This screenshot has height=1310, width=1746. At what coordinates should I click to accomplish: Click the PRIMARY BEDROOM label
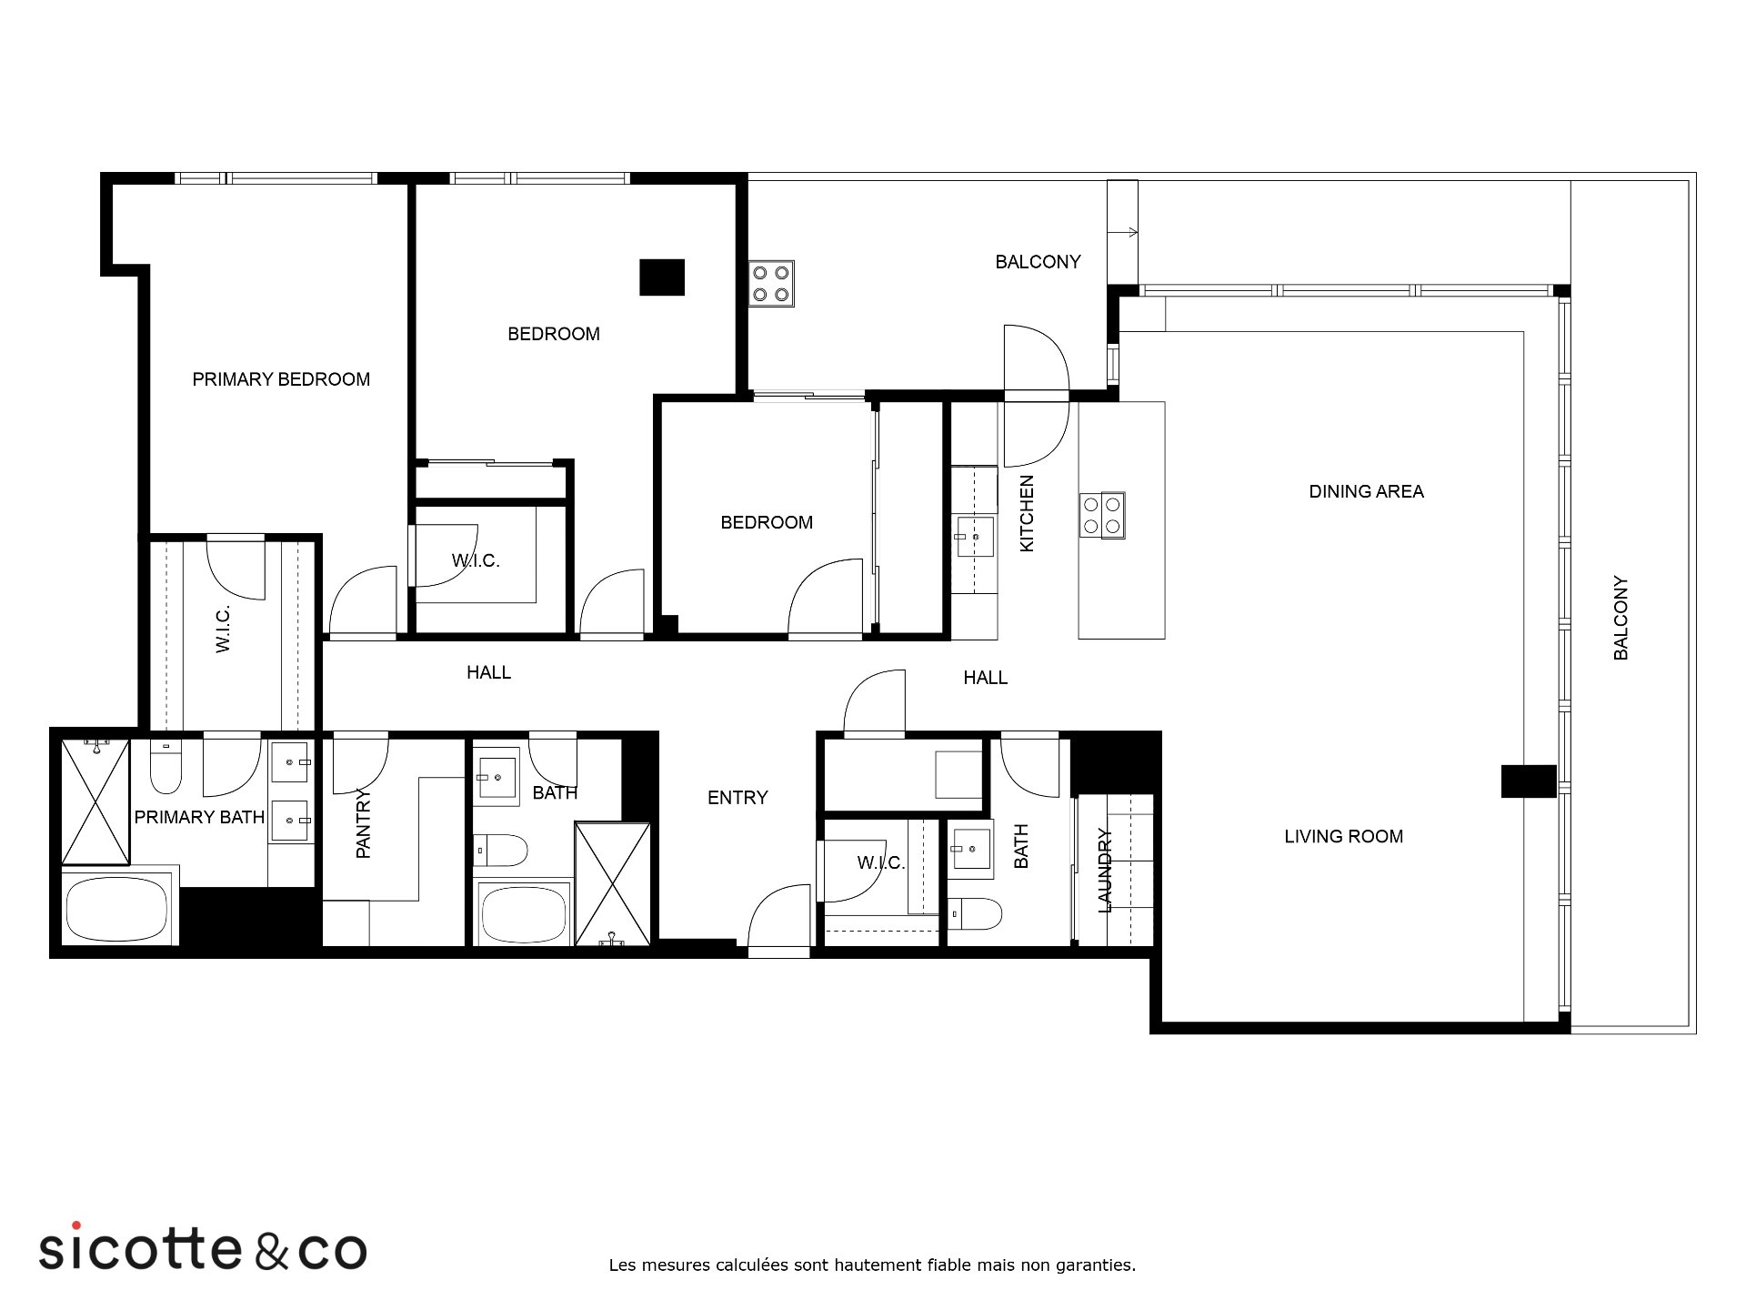tap(281, 379)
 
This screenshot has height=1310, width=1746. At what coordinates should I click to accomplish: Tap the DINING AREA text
tap(1366, 491)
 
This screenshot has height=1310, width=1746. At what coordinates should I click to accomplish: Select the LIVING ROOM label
tap(1343, 836)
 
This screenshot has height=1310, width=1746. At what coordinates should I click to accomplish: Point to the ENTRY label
tap(738, 798)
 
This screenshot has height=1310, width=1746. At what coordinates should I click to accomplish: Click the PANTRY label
tap(364, 824)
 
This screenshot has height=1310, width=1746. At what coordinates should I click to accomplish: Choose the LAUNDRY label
tap(1105, 870)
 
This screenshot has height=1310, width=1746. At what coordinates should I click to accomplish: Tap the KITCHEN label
tap(1027, 513)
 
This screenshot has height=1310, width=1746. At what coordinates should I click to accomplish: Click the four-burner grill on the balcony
tap(771, 284)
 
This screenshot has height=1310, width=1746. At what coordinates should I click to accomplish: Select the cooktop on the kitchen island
tap(1102, 516)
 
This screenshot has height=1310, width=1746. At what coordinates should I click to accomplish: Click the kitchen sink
tap(974, 537)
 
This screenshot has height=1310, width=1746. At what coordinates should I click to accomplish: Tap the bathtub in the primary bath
tap(116, 910)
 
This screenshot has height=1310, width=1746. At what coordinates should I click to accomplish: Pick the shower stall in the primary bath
tap(95, 801)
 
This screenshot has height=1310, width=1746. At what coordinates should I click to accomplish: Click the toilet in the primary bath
tap(166, 768)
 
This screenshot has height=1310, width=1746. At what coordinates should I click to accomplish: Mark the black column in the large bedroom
tap(662, 277)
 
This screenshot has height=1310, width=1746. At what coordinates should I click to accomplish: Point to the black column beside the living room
tap(1529, 781)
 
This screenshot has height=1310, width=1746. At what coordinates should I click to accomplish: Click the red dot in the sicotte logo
tap(76, 1226)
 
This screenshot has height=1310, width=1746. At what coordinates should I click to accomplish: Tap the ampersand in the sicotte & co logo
tap(271, 1251)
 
